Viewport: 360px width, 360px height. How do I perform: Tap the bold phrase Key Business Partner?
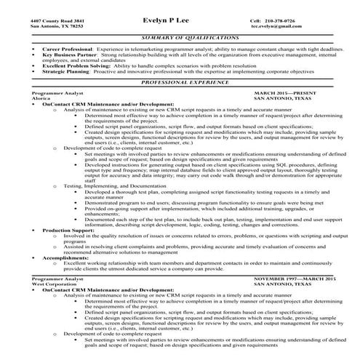pyautogui.click(x=55, y=54)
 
